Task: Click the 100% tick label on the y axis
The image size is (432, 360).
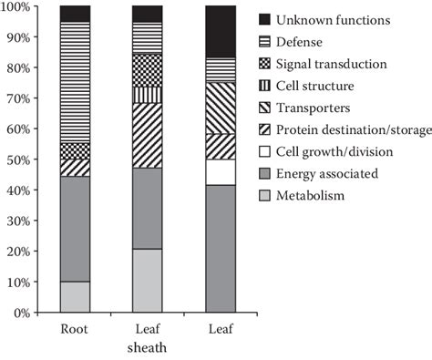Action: tap(18, 7)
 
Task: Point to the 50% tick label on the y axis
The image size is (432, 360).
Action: tap(21, 159)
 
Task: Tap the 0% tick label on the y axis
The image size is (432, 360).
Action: tap(25, 313)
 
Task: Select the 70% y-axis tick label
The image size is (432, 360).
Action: tap(21, 98)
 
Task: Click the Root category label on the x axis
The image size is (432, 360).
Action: tap(75, 331)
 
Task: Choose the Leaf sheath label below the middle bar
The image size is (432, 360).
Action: tap(147, 339)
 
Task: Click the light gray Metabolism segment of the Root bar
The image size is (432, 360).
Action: tap(75, 297)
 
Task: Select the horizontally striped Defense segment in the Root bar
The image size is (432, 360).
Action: tap(75, 82)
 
